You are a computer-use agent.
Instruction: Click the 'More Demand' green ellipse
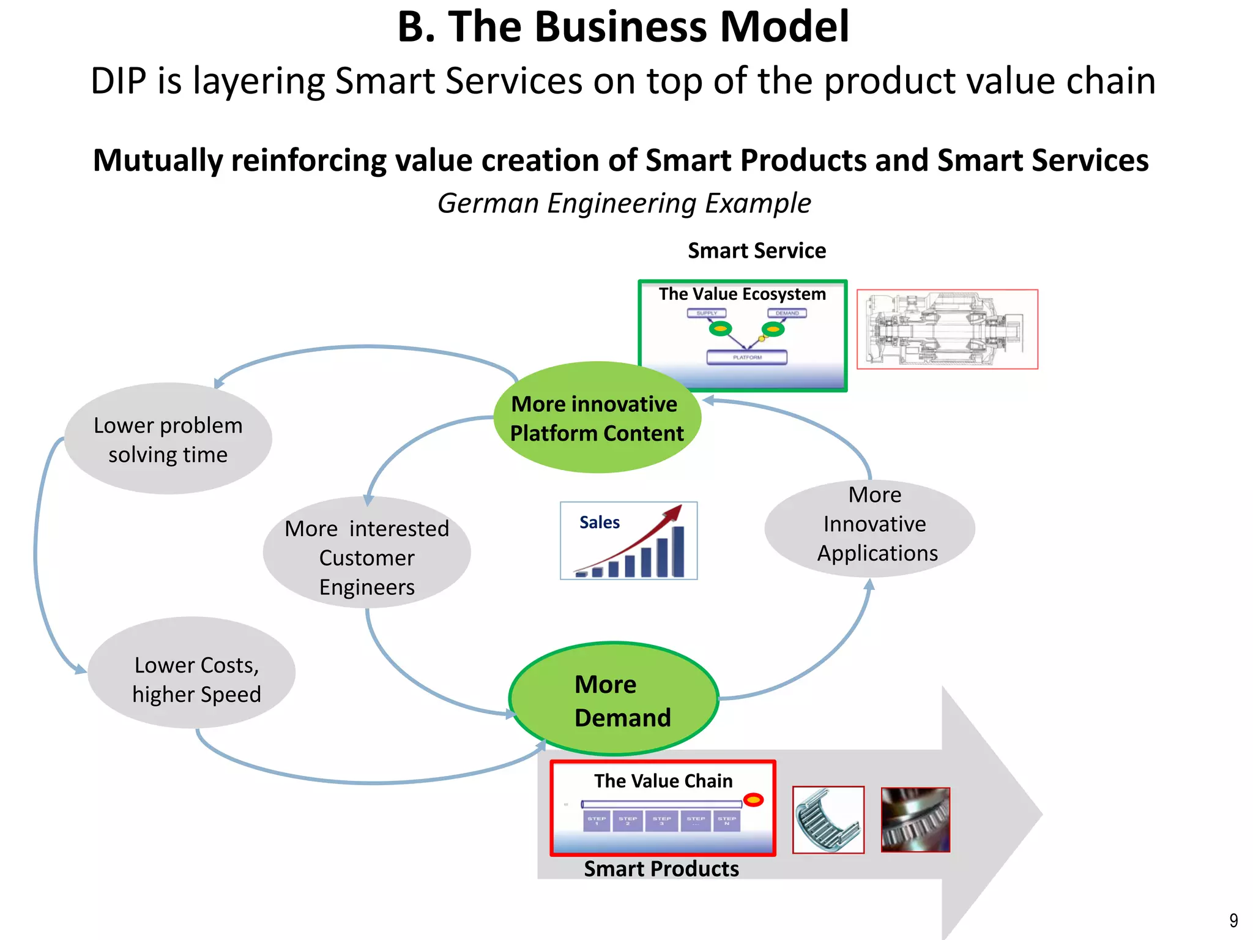click(614, 699)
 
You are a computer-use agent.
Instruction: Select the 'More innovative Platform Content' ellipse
click(597, 418)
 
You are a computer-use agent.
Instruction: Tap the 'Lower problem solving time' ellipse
click(168, 439)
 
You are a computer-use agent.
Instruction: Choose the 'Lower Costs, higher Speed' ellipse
click(191, 673)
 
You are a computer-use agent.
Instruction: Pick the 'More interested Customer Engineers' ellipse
click(366, 553)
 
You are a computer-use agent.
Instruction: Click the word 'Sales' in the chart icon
click(600, 523)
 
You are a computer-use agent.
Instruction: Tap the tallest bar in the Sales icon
click(678, 551)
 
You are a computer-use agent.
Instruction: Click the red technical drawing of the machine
click(947, 329)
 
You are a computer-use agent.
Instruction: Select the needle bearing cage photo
click(828, 820)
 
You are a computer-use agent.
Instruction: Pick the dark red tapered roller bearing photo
click(915, 820)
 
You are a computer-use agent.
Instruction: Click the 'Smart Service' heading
click(757, 251)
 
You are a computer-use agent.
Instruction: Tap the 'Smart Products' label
click(661, 869)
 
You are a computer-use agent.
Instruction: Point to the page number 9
click(1233, 920)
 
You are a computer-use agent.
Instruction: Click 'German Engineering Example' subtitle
click(624, 203)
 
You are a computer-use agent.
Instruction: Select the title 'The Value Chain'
click(663, 781)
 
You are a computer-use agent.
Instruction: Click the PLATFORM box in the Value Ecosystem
click(747, 357)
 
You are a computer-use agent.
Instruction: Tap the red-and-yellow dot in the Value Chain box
click(754, 800)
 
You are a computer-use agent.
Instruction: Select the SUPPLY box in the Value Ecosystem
click(707, 313)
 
